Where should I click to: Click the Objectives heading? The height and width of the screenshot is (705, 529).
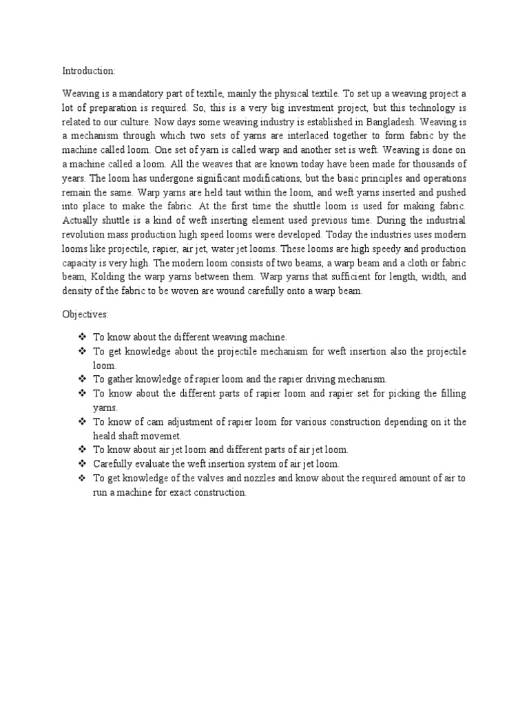coord(85,314)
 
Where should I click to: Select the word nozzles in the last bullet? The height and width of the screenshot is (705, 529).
coord(260,478)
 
